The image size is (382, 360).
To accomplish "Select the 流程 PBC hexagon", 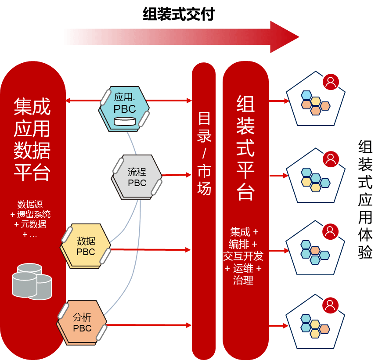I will pos(137,176).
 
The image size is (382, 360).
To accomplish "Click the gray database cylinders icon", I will pos(31,281).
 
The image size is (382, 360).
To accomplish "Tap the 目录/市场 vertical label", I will pos(204,154).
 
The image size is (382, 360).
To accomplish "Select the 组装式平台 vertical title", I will pos(245,147).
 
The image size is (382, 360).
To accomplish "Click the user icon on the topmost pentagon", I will pos(331,82).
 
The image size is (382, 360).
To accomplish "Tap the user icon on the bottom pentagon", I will pos(331,306).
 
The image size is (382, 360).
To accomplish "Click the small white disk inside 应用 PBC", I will pos(124,121).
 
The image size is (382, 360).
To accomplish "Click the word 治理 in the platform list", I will pos(243,280).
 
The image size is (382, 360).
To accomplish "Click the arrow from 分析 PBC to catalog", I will pos(149,325).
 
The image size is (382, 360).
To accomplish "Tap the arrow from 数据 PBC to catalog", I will pos(149,249).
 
